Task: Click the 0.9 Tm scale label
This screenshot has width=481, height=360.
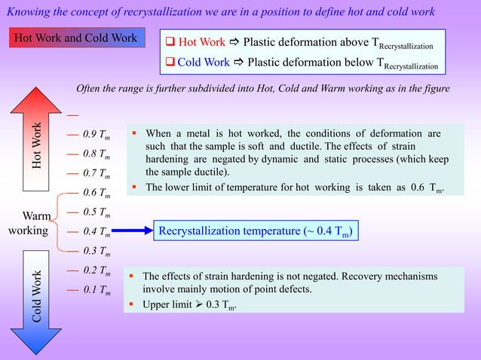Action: [97, 136]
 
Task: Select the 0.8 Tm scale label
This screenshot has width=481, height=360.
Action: [97, 155]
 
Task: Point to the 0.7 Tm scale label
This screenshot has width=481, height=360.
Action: [97, 174]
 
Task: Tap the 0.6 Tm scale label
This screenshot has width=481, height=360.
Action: [97, 193]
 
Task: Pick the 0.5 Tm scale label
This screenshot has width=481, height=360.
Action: [97, 212]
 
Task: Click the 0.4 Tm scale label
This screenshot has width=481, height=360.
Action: [97, 231]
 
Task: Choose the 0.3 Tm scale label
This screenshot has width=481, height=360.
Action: [97, 251]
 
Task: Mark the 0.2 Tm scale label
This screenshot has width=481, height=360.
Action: [97, 270]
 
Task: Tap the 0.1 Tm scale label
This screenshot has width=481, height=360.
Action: [97, 289]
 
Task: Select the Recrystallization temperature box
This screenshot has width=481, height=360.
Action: [255, 231]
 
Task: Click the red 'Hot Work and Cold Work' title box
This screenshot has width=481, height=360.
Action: [77, 38]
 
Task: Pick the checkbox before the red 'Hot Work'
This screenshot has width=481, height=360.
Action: [170, 42]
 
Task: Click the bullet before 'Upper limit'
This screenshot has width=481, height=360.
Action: [134, 306]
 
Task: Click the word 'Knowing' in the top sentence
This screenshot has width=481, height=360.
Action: [29, 11]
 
